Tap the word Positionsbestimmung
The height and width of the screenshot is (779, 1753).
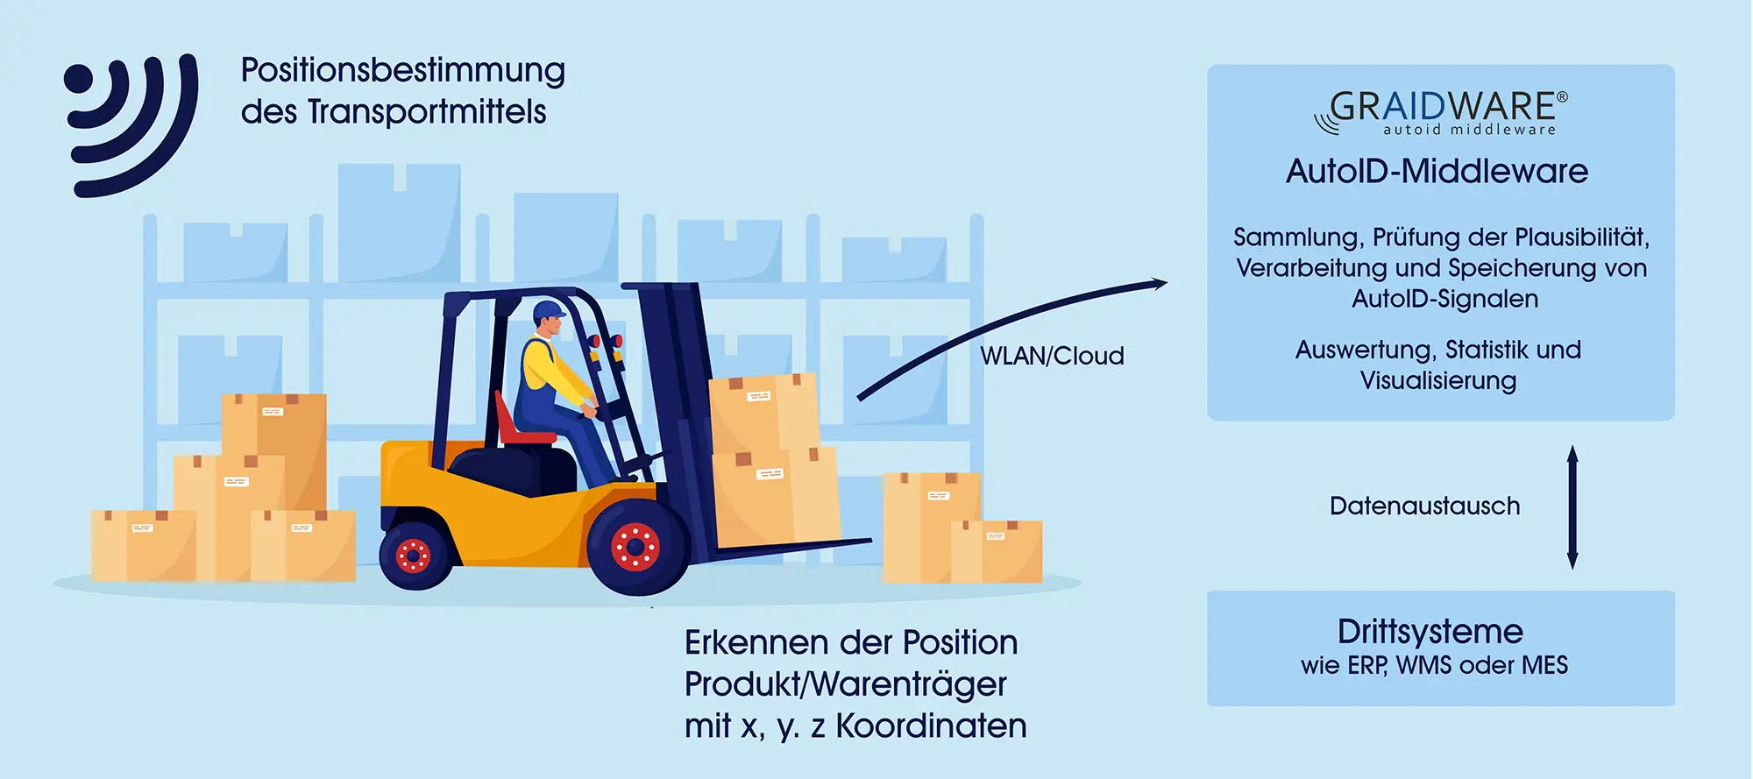tap(403, 71)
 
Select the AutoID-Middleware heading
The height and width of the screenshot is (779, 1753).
tap(1437, 171)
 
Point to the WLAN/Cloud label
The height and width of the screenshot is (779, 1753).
tap(1052, 356)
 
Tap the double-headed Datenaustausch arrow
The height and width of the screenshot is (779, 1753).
tap(1572, 506)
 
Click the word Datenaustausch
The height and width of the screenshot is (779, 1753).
tap(1424, 506)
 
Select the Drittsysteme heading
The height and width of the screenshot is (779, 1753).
tap(1430, 632)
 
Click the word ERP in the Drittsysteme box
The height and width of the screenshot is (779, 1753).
tap(1366, 666)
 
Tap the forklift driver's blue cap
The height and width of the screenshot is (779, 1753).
tap(549, 310)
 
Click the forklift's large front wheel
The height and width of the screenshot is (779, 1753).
tap(636, 549)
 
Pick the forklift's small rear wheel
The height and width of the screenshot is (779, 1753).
tap(414, 554)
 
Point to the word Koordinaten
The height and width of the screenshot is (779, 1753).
tap(931, 726)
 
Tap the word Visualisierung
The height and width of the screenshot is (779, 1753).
tap(1437, 381)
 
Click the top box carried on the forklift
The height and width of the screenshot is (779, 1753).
tap(763, 412)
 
